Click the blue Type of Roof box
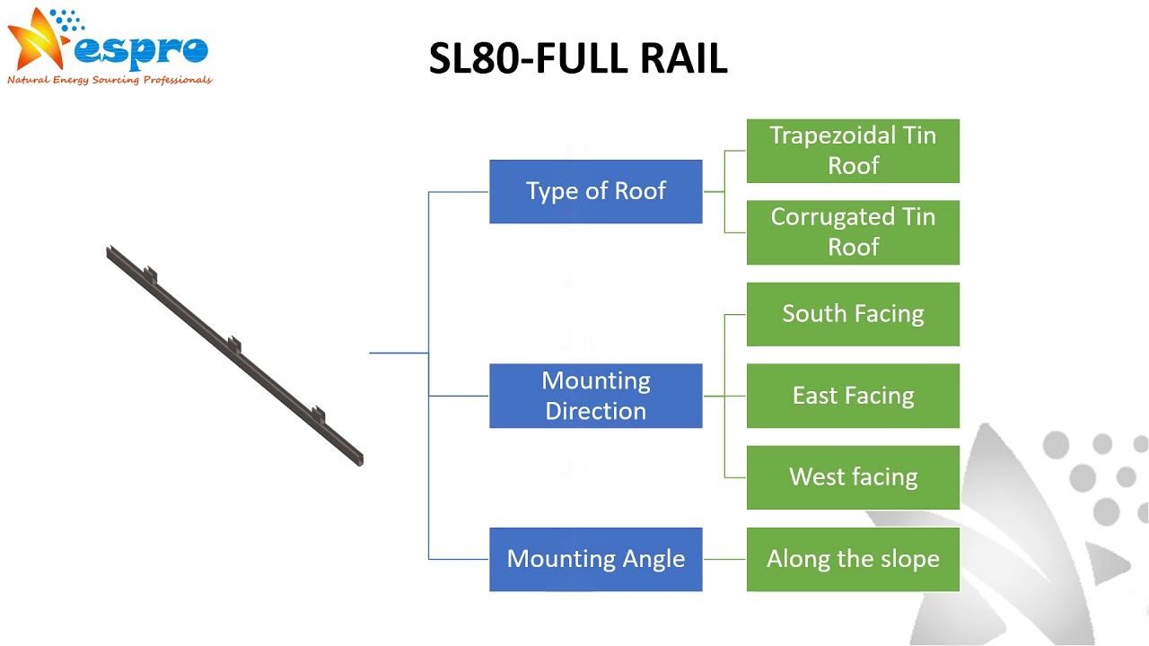(595, 191)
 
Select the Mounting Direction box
(595, 396)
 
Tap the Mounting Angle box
(595, 559)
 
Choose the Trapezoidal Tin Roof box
(853, 151)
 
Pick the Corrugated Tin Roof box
(853, 232)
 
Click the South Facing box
(853, 314)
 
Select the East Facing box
(853, 396)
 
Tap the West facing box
(853, 477)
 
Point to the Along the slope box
(853, 559)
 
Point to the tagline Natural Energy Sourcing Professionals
(110, 80)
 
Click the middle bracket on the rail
(234, 344)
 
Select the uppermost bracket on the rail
(150, 275)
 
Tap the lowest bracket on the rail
(319, 415)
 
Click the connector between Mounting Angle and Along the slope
(724, 559)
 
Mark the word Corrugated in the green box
(832, 218)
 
